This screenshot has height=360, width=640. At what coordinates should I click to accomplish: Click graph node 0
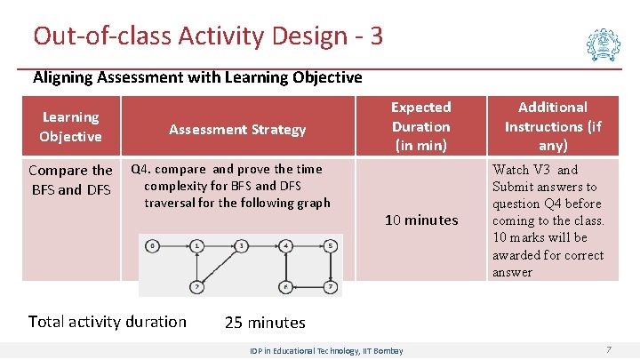click(x=154, y=244)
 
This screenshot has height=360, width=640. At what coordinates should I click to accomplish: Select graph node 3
click(x=241, y=244)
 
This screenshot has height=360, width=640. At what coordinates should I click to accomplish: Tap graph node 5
click(x=330, y=244)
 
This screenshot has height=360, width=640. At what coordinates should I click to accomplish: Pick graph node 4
click(x=285, y=244)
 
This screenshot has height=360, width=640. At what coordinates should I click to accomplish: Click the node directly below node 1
click(x=196, y=286)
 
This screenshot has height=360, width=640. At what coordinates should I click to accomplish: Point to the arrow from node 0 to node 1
click(x=175, y=244)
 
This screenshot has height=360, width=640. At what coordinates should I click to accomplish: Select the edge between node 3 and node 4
click(x=263, y=244)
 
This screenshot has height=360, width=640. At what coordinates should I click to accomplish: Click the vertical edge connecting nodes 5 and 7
click(x=330, y=265)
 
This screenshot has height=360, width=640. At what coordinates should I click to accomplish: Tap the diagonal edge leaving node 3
click(x=220, y=265)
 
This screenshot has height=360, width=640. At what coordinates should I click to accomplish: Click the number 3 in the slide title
click(x=376, y=36)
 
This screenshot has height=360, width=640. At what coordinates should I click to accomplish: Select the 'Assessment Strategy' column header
click(x=237, y=130)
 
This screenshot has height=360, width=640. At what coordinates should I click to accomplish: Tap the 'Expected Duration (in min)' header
click(x=420, y=126)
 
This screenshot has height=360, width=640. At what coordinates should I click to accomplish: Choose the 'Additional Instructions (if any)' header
click(x=553, y=126)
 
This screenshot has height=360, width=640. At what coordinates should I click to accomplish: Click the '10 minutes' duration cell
click(x=420, y=220)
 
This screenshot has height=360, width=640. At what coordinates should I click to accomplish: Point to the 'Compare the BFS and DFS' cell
click(x=70, y=179)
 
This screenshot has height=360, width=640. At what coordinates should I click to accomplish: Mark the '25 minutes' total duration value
click(x=264, y=322)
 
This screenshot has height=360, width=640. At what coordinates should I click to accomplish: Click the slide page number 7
click(x=609, y=350)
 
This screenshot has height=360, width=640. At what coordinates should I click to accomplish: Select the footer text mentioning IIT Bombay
click(x=326, y=351)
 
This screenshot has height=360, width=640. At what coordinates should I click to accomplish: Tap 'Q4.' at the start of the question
click(x=142, y=169)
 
